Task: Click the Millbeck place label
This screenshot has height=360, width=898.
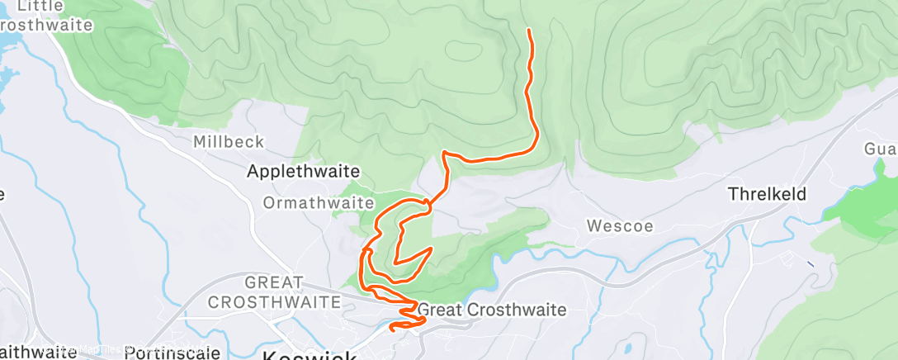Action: pos(229,142)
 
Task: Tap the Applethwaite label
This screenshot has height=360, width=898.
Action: pos(305,171)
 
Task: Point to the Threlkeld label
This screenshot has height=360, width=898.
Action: pos(766,195)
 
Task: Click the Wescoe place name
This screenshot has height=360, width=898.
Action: pos(614,225)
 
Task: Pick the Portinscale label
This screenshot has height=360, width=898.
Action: pos(171,353)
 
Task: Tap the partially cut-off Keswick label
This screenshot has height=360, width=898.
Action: pos(310,355)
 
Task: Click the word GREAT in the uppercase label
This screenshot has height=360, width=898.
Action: pos(275,283)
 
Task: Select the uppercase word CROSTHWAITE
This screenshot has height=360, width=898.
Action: pos(274,302)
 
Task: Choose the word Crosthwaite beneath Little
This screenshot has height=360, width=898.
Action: pos(46,25)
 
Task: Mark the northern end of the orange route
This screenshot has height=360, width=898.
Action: pos(528,31)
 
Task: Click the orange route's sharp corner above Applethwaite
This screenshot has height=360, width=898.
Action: pos(445,153)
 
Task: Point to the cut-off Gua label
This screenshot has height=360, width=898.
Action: pos(880,149)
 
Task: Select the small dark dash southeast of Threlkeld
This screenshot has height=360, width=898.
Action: pos(810,263)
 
